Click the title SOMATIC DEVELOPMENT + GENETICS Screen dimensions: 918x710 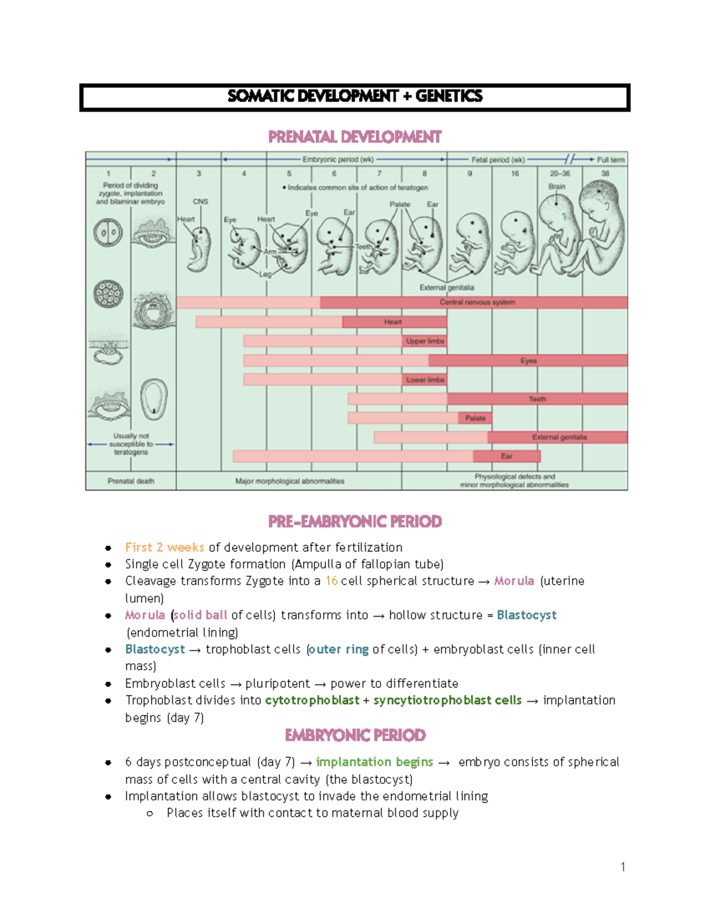point(354,96)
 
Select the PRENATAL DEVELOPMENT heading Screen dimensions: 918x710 point(354,137)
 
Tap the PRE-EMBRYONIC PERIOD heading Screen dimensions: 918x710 point(354,521)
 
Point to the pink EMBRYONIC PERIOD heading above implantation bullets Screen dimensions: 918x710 point(355,735)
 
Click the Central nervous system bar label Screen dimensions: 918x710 point(477,303)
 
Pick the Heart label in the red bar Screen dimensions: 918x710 point(393,322)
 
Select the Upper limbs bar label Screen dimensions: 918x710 point(425,341)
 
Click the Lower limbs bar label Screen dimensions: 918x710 point(425,379)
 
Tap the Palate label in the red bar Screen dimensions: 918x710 point(475,418)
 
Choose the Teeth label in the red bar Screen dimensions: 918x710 point(537,399)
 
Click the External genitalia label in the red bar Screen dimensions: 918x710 point(559,437)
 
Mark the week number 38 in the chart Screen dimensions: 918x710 point(605,174)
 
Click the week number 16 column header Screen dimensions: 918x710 point(515,174)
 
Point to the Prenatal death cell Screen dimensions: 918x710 point(131,481)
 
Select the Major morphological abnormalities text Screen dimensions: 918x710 point(289,481)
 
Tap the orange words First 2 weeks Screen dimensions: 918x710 point(164,547)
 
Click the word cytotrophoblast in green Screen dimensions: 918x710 point(312,700)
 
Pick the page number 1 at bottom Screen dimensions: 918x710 point(622,867)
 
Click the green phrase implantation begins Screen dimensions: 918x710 point(374,762)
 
